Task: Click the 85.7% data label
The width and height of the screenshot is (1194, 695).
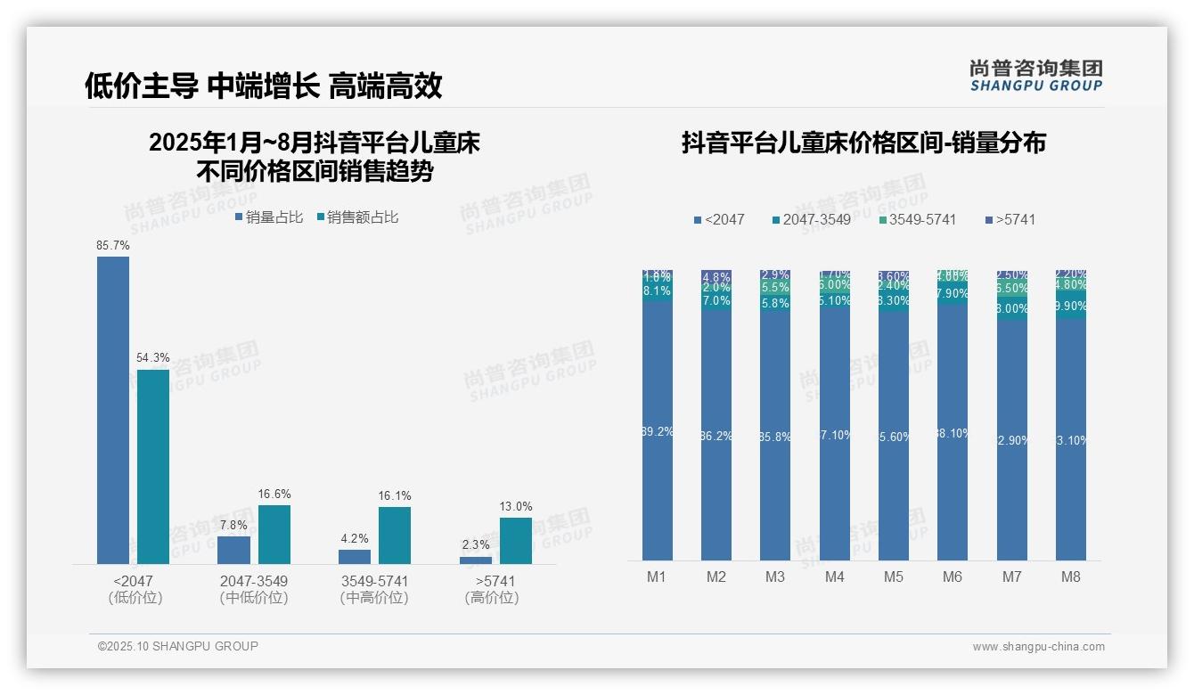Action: click(113, 245)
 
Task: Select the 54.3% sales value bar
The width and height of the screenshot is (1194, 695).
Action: click(152, 466)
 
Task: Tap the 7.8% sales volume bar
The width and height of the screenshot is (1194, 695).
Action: click(233, 550)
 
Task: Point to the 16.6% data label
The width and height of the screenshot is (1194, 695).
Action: click(274, 494)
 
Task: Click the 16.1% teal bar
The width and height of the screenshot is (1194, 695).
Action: click(395, 535)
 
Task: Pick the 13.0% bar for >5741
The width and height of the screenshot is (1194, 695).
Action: click(515, 540)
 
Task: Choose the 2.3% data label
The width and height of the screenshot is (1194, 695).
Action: click(476, 545)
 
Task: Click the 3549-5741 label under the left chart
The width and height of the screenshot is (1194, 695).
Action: click(374, 581)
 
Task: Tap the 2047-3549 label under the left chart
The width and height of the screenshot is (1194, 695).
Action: click(254, 581)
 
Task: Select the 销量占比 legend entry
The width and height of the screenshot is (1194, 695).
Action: click(268, 217)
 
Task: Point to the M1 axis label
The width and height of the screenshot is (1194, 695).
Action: click(657, 576)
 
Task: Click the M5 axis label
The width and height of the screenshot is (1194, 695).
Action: click(894, 576)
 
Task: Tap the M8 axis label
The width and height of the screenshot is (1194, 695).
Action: click(1071, 576)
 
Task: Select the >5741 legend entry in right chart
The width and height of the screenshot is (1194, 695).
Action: click(1010, 219)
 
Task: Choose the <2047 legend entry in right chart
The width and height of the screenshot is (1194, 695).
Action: click(719, 219)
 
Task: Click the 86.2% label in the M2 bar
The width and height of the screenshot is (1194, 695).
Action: click(716, 437)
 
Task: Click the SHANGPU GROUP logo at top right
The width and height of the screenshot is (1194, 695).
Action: click(1036, 76)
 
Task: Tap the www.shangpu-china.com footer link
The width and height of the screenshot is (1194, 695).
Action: click(1038, 647)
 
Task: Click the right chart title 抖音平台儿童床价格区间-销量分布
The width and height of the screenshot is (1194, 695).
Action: click(863, 143)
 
